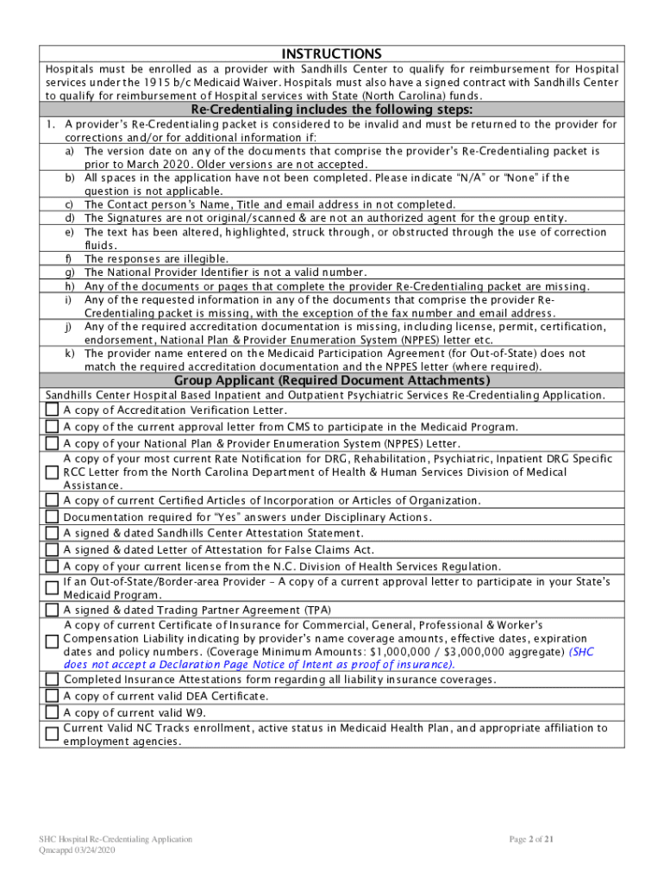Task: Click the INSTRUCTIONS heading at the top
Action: [x=331, y=53]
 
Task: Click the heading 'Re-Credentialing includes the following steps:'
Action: [x=331, y=110]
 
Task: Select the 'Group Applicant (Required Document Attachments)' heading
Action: [x=332, y=380]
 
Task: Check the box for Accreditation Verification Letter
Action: [x=53, y=410]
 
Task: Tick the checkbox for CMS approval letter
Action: [x=53, y=427]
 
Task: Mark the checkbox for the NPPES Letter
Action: [x=53, y=443]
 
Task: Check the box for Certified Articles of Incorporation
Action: [x=53, y=501]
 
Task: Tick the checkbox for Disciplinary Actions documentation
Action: [x=53, y=517]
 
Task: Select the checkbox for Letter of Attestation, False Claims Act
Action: [x=53, y=550]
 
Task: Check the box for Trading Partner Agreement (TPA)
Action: [x=53, y=610]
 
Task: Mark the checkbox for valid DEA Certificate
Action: [x=53, y=696]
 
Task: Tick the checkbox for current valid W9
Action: [x=53, y=712]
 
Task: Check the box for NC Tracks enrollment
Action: [x=53, y=734]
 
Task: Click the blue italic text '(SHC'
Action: [x=581, y=652]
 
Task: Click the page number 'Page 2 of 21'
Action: [x=537, y=839]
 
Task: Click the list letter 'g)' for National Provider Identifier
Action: [x=69, y=272]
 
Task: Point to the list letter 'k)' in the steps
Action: [x=69, y=354]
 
